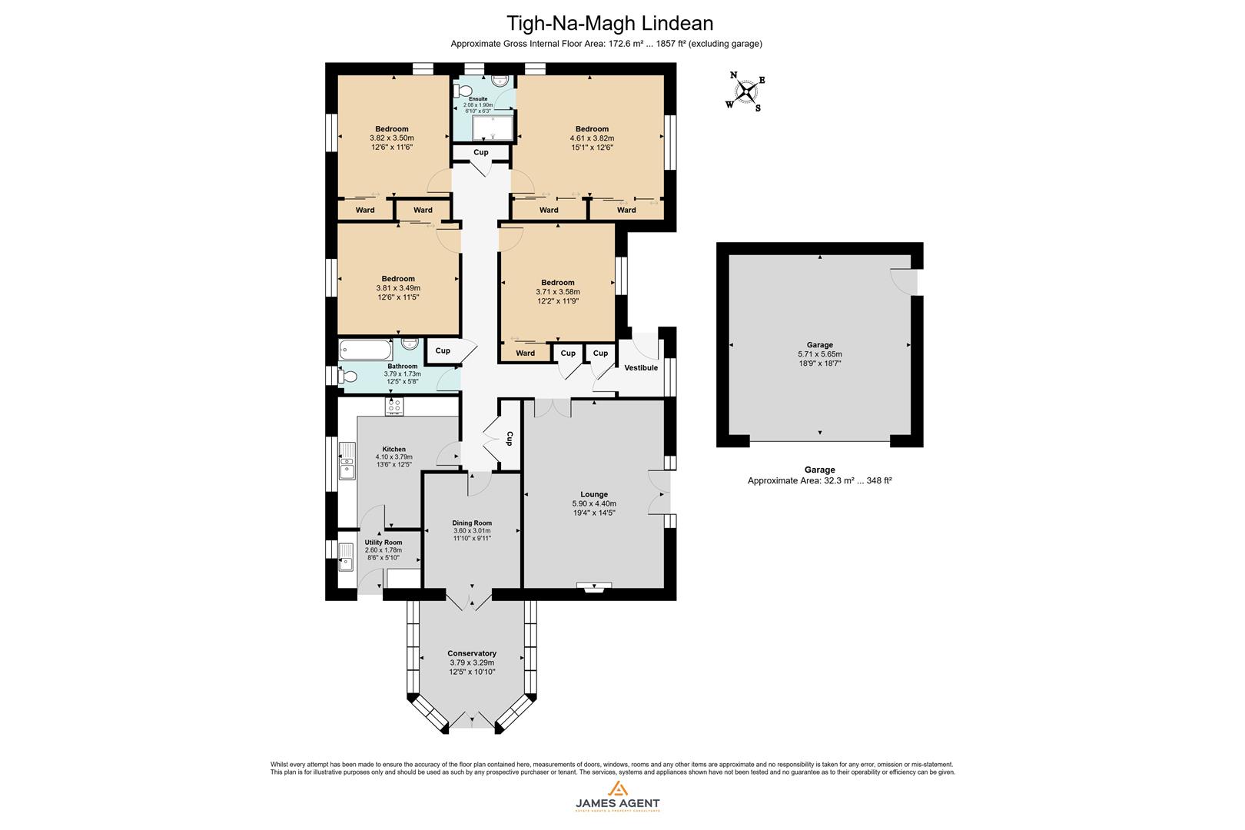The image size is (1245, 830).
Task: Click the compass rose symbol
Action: tap(745, 92)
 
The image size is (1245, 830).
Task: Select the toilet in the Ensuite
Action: tap(463, 91)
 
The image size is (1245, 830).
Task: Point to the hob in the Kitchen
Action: tap(395, 406)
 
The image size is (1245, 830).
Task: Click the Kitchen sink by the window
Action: tap(347, 460)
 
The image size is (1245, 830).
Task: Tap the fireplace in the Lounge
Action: tap(594, 587)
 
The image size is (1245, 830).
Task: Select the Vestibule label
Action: tap(640, 368)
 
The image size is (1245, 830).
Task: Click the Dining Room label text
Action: tap(472, 523)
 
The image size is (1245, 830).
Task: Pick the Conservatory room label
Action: tap(472, 653)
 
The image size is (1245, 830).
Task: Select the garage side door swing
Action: tap(903, 281)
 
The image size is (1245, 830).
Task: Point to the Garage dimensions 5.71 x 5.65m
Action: tap(819, 354)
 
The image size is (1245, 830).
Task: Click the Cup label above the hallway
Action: tap(480, 152)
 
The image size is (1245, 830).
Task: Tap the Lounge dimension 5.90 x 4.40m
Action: tap(594, 503)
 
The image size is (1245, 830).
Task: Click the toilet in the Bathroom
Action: tap(348, 377)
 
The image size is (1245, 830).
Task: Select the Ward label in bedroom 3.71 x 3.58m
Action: tap(525, 354)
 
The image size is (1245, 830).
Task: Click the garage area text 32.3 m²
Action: tap(819, 480)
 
